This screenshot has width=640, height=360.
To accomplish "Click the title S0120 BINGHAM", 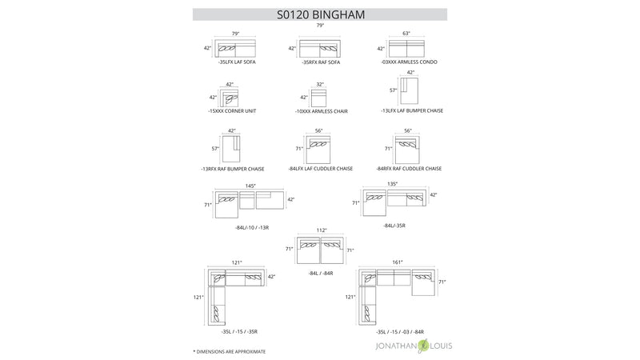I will [x=319, y=13].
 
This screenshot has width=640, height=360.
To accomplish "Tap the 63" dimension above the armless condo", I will [x=406, y=34].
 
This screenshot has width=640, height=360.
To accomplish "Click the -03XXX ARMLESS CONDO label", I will [x=408, y=62].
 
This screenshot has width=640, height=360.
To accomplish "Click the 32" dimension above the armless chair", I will [x=320, y=83].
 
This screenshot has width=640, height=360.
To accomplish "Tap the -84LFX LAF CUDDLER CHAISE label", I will [x=320, y=169].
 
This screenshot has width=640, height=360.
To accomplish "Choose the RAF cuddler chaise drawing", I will [x=408, y=150].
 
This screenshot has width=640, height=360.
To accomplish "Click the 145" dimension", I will [x=250, y=186].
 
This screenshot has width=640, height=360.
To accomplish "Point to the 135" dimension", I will [x=393, y=184].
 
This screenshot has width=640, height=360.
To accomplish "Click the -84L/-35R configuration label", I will [x=394, y=226].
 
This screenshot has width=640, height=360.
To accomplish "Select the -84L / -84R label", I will [x=320, y=273].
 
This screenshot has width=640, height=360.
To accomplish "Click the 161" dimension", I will [x=398, y=262].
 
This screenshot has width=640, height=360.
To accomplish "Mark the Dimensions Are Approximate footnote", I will [x=230, y=351].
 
